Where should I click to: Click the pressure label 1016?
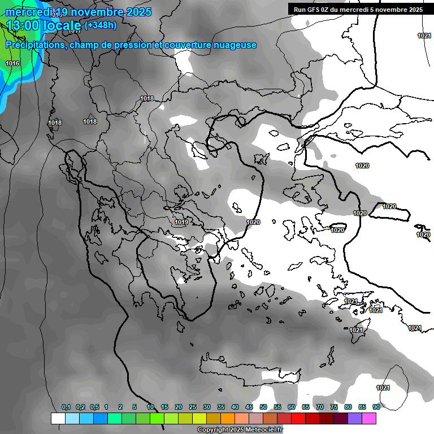(12, 63)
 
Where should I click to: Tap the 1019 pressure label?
(181, 222)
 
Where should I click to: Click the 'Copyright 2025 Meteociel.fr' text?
(240, 430)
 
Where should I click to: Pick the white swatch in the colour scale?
(58, 419)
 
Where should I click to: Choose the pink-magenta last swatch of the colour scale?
(369, 419)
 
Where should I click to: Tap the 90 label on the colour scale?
(376, 407)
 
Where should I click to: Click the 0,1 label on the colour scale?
(66, 407)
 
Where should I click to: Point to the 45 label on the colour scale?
(249, 407)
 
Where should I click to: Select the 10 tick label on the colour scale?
(150, 407)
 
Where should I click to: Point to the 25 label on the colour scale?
(193, 407)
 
